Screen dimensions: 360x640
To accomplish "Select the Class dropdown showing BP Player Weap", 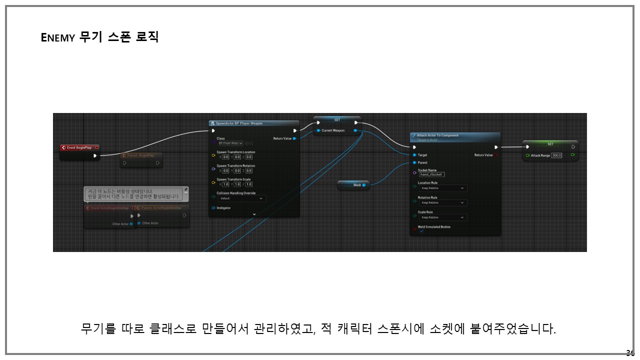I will point(230,143).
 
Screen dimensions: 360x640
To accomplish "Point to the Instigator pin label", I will point(223,208).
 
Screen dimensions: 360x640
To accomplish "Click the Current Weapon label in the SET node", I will point(333,130).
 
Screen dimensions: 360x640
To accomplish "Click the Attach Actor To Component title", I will point(437,135).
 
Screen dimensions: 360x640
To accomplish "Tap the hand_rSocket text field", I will point(431,174).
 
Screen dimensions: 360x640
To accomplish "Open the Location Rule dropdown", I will point(442,188).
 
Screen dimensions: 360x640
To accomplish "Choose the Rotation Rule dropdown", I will point(442,203).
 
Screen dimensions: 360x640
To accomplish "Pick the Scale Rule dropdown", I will point(442,217).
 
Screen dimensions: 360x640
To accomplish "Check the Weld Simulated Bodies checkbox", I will point(421,231).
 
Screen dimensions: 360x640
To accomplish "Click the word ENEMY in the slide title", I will point(57,37).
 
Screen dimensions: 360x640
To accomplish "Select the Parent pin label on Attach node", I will point(422,162).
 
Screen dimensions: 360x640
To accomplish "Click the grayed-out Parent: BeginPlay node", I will point(140,155).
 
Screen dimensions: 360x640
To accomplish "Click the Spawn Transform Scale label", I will point(233,179).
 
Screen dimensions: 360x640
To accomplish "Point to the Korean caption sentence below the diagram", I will point(318,328).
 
